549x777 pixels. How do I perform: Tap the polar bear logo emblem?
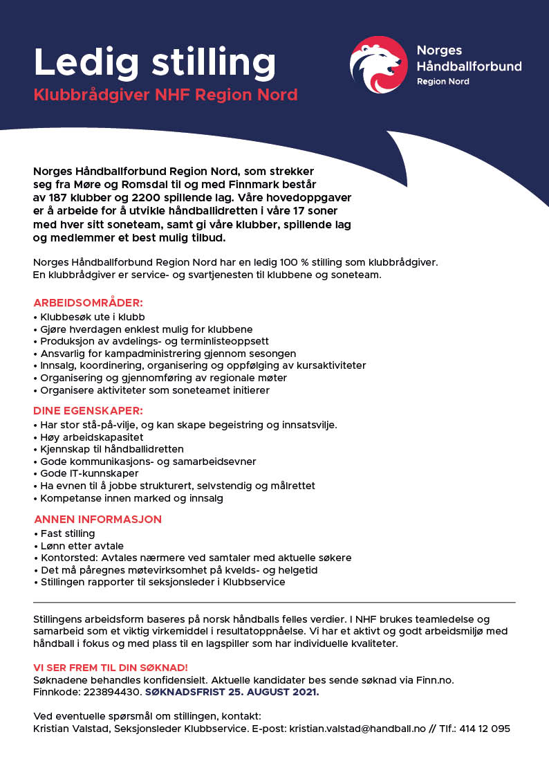[x=378, y=65]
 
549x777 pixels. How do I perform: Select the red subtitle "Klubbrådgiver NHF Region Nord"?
[x=166, y=95]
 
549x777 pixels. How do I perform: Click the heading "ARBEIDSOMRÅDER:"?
[x=88, y=303]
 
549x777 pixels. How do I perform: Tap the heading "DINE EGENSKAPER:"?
[x=88, y=410]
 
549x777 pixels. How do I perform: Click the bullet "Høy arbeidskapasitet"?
[x=92, y=437]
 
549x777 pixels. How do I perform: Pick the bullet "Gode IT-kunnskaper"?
[x=89, y=474]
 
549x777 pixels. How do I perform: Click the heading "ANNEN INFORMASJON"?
[x=97, y=519]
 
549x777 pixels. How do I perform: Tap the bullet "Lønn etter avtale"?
[x=77, y=546]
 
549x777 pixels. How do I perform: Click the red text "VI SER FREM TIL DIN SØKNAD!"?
[x=111, y=667]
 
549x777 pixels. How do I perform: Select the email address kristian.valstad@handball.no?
[x=369, y=728]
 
